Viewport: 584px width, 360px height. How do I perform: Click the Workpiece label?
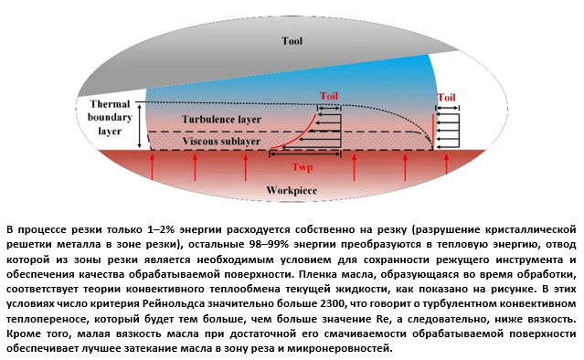[290, 189]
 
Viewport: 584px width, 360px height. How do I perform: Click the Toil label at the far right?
[447, 97]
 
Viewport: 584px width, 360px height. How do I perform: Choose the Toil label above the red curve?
[329, 95]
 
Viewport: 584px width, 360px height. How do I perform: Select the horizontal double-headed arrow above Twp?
[305, 157]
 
